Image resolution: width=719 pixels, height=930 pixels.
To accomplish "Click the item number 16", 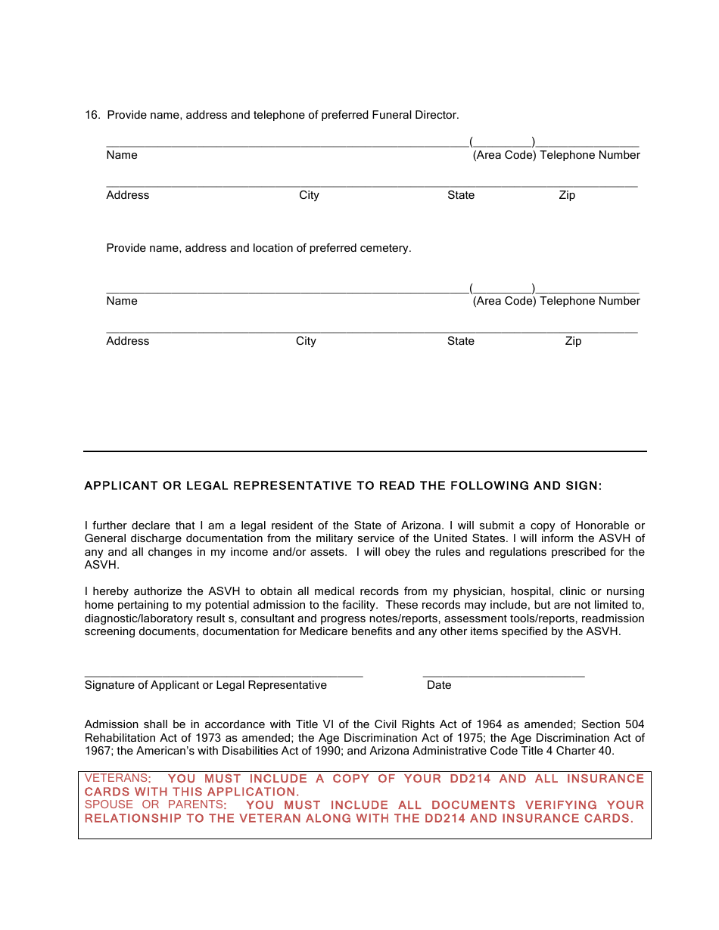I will click(x=92, y=115).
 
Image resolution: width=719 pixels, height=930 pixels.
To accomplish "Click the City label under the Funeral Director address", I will click(x=309, y=195).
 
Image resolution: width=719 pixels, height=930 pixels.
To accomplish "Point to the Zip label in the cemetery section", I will click(x=573, y=341).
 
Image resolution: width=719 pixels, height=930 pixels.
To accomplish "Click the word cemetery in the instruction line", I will click(x=384, y=248).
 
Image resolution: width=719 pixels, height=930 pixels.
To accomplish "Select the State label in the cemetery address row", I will click(x=460, y=341).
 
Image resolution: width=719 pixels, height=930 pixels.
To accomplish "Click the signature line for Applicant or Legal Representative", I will click(x=223, y=674).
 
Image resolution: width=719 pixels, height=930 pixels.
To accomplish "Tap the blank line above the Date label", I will click(x=503, y=674).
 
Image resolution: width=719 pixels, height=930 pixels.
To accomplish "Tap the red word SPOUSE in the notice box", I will click(x=109, y=804).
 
